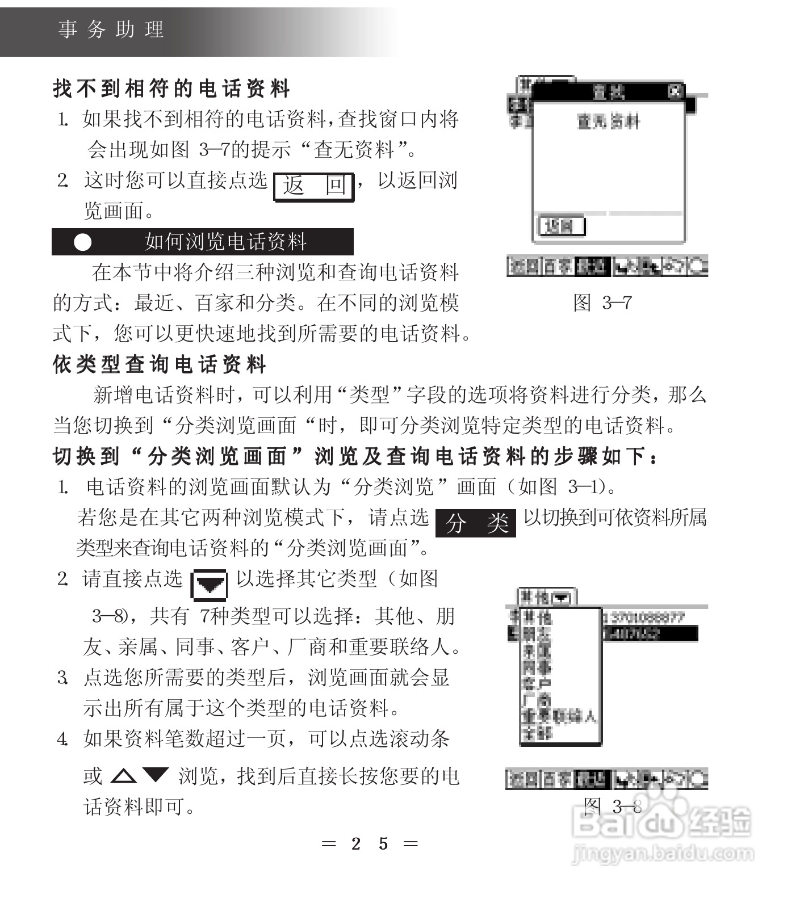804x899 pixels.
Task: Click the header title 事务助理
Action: [x=111, y=30]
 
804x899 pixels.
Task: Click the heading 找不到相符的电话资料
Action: [x=171, y=89]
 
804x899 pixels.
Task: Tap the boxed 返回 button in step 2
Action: [x=314, y=186]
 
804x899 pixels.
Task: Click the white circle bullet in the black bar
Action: [x=83, y=242]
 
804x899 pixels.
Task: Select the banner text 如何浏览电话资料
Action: [x=225, y=242]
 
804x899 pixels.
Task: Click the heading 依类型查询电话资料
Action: [x=160, y=364]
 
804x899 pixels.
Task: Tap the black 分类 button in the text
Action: [x=476, y=523]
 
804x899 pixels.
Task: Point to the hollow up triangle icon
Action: [x=123, y=776]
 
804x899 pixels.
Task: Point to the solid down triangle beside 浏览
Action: [x=156, y=775]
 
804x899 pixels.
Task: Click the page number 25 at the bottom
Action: [x=370, y=844]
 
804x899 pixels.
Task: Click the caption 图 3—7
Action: [x=602, y=303]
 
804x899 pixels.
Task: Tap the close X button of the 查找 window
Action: [x=675, y=91]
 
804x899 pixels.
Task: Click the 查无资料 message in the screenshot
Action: [x=608, y=121]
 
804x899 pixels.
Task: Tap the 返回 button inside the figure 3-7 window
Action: [x=560, y=226]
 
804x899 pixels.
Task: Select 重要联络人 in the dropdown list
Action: [x=559, y=717]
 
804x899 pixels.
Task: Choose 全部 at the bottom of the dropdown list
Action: [x=537, y=733]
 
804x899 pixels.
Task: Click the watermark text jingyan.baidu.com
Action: [x=663, y=853]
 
